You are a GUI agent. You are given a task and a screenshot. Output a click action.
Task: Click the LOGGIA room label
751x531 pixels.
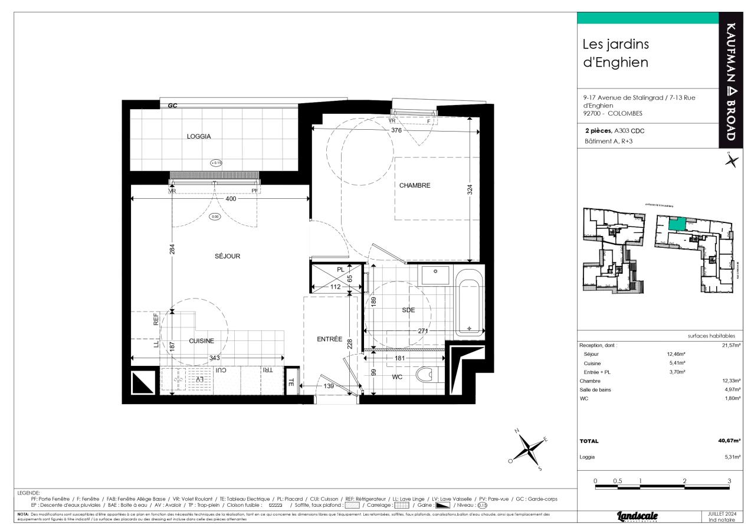coord(199,136)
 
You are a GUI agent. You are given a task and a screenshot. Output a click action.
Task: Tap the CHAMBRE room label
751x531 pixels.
coord(415,185)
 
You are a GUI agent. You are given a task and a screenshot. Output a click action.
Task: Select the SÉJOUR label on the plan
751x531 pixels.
coord(227,256)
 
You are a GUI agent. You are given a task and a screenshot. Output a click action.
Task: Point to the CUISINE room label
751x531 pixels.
coord(201,341)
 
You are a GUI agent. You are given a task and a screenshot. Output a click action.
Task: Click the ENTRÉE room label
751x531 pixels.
coord(330,339)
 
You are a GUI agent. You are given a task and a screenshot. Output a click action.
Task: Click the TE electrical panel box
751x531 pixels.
coord(291,382)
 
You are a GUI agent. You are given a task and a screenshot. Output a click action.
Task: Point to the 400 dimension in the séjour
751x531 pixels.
coord(231,199)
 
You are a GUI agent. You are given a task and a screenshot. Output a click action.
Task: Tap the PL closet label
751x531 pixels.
coord(340,269)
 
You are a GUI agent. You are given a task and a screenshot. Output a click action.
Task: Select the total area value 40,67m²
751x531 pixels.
coord(729,441)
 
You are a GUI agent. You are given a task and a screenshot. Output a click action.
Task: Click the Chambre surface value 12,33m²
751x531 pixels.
coord(731,381)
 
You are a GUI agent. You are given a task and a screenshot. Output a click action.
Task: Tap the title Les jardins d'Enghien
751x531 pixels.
coord(615,53)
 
